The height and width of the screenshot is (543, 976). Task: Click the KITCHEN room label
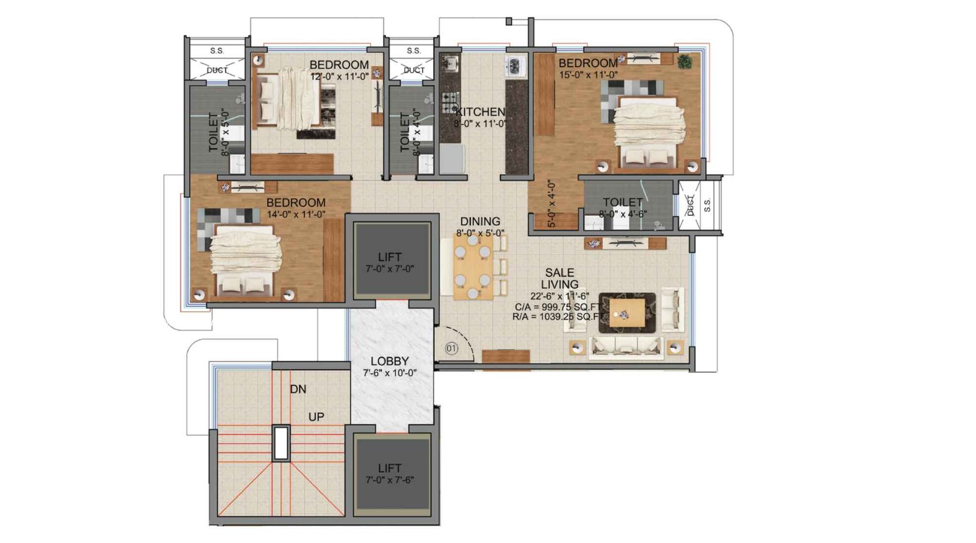click(x=481, y=112)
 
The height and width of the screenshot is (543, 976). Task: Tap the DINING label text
click(x=480, y=222)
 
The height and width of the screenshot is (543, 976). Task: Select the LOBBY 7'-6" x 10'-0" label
click(x=390, y=366)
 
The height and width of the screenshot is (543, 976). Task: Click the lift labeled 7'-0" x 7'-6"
click(x=390, y=474)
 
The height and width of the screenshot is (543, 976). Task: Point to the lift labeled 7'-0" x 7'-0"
click(x=390, y=263)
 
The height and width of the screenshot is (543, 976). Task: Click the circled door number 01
click(x=451, y=349)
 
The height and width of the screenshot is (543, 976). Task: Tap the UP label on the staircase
click(x=316, y=417)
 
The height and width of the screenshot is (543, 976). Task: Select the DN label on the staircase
click(x=298, y=389)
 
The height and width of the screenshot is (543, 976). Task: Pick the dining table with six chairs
click(x=473, y=267)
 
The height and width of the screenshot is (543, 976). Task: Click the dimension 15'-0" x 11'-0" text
click(x=588, y=75)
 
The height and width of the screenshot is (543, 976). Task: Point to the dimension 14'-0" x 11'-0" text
click(x=296, y=214)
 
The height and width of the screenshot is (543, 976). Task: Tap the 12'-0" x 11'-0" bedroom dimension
click(x=339, y=76)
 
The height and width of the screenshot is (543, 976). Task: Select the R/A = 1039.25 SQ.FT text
click(x=558, y=317)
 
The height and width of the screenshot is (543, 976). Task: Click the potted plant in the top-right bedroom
click(x=684, y=60)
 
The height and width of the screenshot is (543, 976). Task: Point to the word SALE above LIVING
click(x=559, y=272)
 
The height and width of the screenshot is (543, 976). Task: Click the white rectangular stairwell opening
click(x=281, y=443)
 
